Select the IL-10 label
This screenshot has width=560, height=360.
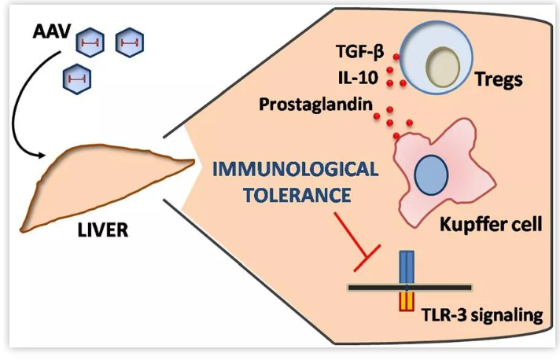pyautogui.click(x=360, y=79)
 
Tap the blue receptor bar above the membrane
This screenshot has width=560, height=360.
pyautogui.click(x=407, y=266)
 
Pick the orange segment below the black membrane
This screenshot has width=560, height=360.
pyautogui.click(x=407, y=302)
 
